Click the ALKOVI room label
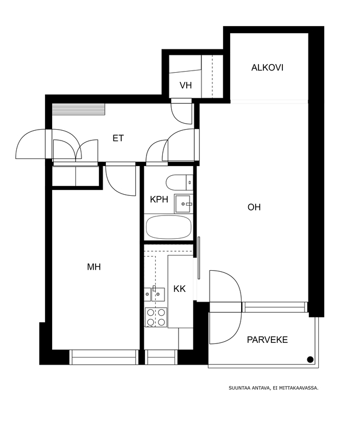coord(267,67)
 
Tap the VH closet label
coord(185,85)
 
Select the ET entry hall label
coord(118,138)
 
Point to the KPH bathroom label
coord(159,199)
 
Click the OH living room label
coord(254,207)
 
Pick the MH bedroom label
coord(94,267)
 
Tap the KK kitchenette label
coord(179,289)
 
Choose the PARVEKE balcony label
coord(267,340)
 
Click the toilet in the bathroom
coord(179,182)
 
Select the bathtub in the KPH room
coord(168,227)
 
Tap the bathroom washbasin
coord(183,204)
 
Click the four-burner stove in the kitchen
coord(156,317)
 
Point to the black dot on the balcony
coord(310,360)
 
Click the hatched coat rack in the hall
coord(79,110)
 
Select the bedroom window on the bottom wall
coord(104,357)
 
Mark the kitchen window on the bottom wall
coord(161,357)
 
